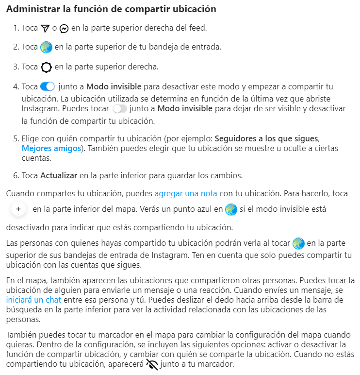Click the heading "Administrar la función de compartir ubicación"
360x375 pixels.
coord(111,9)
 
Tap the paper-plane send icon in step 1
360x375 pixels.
coord(46,28)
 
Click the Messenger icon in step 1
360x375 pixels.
coord(64,28)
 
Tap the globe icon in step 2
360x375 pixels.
coord(46,47)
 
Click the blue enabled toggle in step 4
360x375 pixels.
coord(48,87)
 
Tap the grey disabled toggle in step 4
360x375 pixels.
coord(119,108)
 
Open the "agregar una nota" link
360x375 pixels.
coord(186,193)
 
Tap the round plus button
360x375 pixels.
coord(18,209)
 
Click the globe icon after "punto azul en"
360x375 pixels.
coord(231,209)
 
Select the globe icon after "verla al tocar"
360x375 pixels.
coord(298,242)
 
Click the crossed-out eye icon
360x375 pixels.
coord(152,364)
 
